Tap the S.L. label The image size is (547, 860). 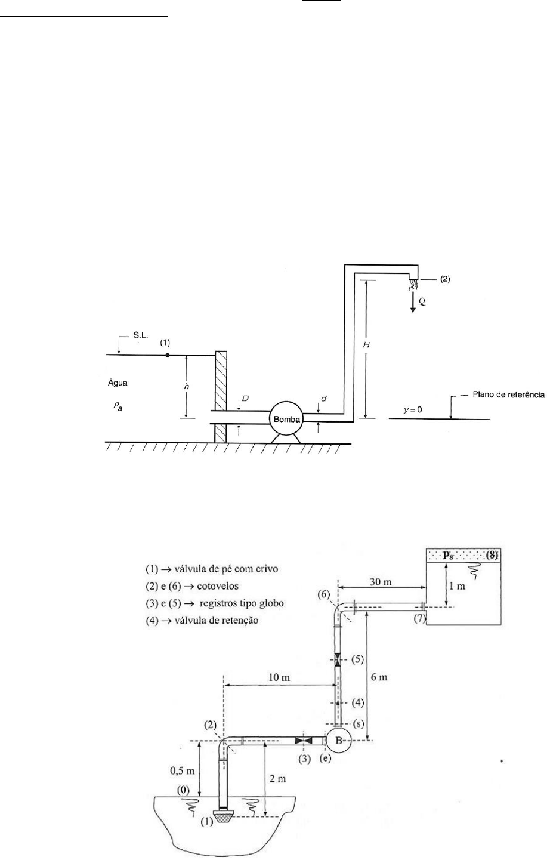[x=141, y=335]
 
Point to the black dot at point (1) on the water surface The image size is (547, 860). [x=167, y=355]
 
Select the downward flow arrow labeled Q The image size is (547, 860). [x=413, y=302]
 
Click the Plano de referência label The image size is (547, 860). [x=509, y=394]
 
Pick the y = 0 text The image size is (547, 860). [x=413, y=409]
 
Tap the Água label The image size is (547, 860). [x=118, y=383]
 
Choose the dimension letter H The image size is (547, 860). [x=366, y=345]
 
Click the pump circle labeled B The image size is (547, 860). [x=339, y=748]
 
